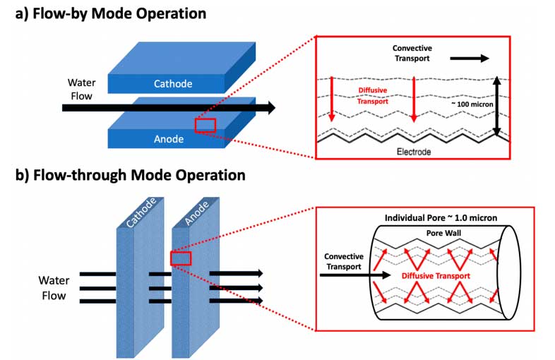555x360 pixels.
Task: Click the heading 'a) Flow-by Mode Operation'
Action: pos(111,13)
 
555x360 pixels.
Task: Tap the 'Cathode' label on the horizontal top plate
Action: pos(174,84)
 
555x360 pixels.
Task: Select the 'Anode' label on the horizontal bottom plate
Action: pos(168,139)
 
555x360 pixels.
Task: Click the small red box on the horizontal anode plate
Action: pos(205,126)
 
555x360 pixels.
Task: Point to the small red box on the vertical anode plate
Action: pos(181,258)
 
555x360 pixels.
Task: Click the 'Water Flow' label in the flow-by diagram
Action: pos(80,89)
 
